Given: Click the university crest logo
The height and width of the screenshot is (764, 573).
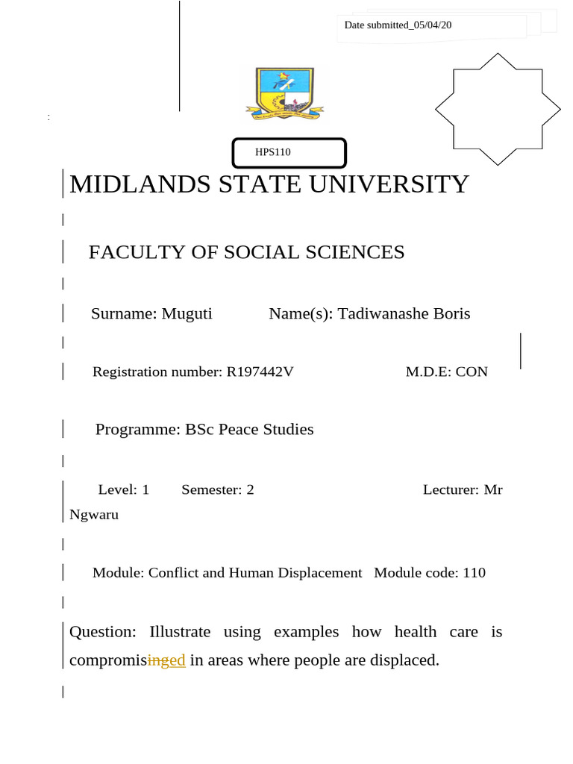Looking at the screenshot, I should tap(286, 93).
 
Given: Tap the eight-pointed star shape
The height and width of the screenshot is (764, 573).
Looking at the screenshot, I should tap(497, 109).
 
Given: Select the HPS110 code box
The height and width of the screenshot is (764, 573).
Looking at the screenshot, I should tap(289, 152).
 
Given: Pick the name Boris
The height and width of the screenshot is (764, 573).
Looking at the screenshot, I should tap(453, 313).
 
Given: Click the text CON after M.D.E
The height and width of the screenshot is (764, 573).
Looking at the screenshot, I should tap(472, 372).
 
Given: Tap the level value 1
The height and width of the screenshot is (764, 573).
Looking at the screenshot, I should tap(145, 489).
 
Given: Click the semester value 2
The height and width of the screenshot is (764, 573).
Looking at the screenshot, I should tap(250, 489).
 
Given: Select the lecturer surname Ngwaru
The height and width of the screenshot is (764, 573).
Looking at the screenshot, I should tap(94, 514).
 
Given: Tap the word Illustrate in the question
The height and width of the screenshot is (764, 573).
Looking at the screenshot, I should tap(180, 632).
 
